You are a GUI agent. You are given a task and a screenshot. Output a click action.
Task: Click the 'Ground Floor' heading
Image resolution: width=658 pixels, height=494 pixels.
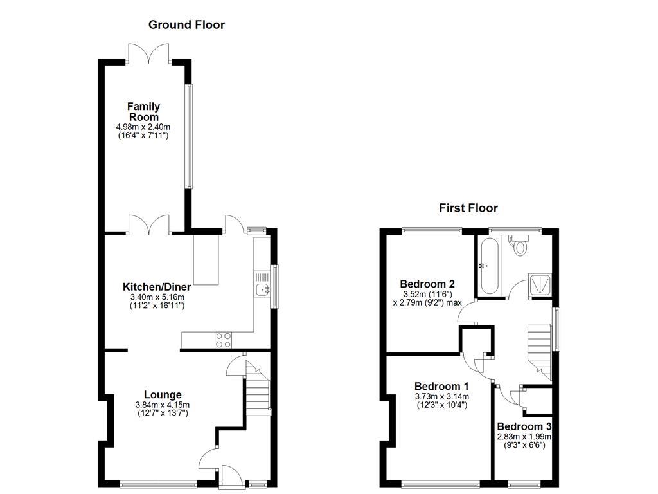point(186,25)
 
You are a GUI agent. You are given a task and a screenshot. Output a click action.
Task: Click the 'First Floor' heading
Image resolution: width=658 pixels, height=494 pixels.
point(468,208)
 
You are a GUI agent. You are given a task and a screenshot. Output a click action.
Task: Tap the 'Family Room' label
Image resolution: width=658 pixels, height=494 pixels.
point(143,111)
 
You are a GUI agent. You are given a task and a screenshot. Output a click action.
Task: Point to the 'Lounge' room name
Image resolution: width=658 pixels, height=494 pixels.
point(163,394)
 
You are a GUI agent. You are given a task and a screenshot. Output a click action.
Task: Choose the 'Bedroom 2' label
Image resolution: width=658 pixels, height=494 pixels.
point(427,284)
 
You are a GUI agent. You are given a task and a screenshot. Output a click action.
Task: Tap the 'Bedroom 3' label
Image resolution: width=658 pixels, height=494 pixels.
point(524,426)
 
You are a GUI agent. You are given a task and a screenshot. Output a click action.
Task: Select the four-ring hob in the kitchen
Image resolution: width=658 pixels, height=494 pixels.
point(223,340)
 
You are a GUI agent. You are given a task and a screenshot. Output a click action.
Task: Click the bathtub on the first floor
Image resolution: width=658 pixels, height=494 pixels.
point(488,266)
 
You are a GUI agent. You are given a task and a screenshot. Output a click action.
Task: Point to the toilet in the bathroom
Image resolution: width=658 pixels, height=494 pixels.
point(519,244)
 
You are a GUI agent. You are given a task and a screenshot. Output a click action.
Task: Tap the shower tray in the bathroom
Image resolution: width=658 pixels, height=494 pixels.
point(540,284)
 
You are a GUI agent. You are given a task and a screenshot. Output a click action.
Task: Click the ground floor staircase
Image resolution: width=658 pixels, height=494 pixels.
point(257,392)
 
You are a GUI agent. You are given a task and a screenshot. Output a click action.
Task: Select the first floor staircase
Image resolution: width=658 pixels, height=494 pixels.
point(540,347)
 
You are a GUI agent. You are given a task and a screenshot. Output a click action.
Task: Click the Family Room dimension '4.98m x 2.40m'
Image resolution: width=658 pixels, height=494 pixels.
point(143,127)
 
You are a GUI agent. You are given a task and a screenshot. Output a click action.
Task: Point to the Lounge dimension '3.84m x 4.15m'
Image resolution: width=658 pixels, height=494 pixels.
point(163,405)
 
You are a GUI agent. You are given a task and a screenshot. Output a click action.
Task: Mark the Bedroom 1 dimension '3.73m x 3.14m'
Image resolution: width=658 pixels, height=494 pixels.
point(441,396)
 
